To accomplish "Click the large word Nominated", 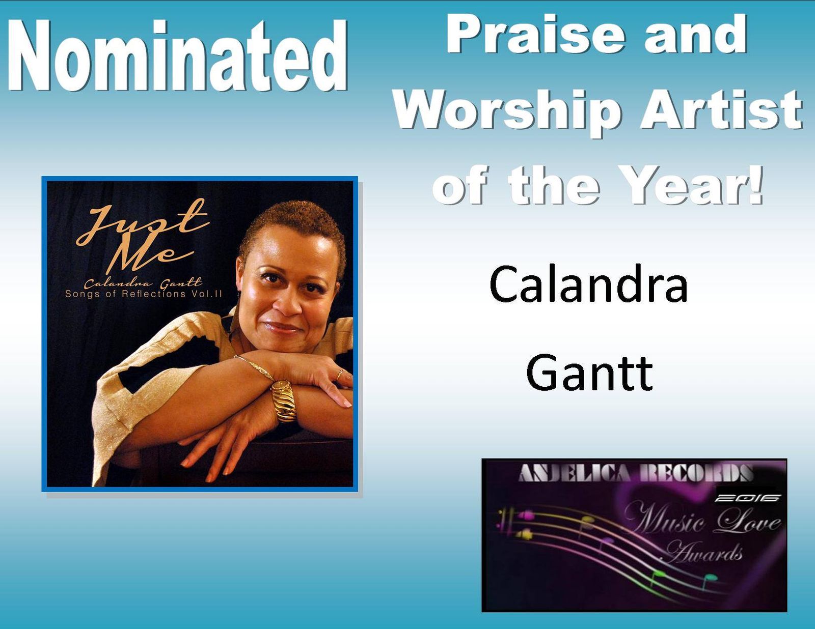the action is click(177, 55).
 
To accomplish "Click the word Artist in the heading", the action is click(721, 110).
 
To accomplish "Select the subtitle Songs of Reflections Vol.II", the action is click(144, 294).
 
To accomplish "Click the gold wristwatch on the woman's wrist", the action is click(283, 401).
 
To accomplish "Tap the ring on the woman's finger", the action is click(339, 374).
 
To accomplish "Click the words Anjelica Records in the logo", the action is click(636, 473).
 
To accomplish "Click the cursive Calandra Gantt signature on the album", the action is click(143, 283).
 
